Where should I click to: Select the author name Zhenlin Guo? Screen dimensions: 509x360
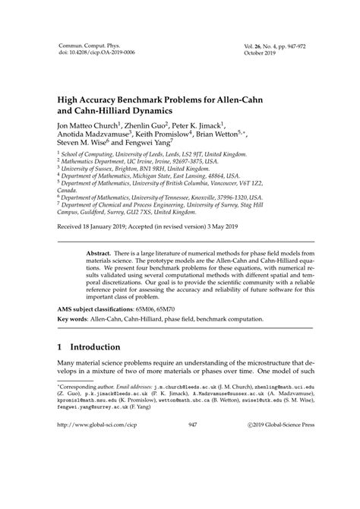coord(141,123)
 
